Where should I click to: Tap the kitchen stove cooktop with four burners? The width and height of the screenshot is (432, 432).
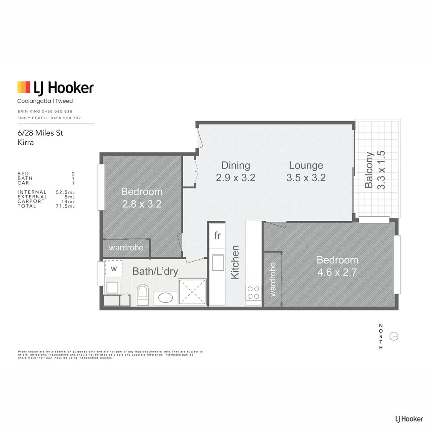point(253,292)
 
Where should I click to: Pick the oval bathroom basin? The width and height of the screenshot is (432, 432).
point(164,298)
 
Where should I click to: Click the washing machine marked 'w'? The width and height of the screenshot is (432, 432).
point(114,269)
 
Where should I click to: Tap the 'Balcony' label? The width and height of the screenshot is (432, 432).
point(369,170)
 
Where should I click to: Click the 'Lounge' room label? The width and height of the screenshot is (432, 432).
point(306,165)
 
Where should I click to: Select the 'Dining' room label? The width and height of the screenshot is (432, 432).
point(236,165)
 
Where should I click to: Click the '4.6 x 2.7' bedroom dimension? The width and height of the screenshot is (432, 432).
point(337,273)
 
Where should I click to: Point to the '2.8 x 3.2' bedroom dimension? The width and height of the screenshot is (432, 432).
point(142,204)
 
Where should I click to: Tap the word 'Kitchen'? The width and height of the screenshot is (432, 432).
point(235,262)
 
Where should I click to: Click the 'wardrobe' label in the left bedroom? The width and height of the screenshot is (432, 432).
point(126,248)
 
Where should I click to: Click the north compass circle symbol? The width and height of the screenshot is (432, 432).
point(394,336)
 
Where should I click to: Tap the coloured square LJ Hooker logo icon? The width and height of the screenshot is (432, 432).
point(24,87)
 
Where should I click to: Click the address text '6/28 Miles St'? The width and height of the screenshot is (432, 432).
point(40,133)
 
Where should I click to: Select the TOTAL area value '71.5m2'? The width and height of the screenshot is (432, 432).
point(65,206)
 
